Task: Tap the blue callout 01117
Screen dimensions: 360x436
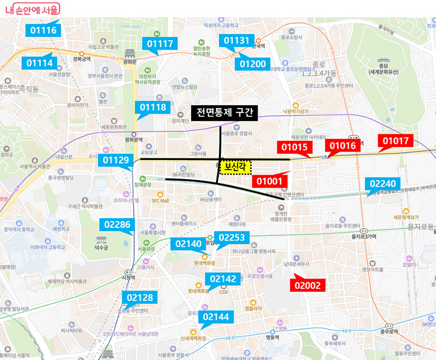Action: click(160, 44)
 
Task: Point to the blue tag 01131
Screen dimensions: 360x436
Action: click(236, 40)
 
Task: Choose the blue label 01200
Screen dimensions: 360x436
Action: click(252, 63)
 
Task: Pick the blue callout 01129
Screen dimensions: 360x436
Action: click(116, 160)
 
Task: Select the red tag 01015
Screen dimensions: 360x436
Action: click(294, 147)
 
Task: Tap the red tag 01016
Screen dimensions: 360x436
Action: click(341, 146)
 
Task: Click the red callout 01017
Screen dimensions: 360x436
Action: click(395, 141)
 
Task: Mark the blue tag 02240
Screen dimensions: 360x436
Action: click(382, 184)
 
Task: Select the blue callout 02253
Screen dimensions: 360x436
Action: click(232, 237)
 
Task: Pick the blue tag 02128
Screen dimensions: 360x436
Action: click(139, 297)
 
